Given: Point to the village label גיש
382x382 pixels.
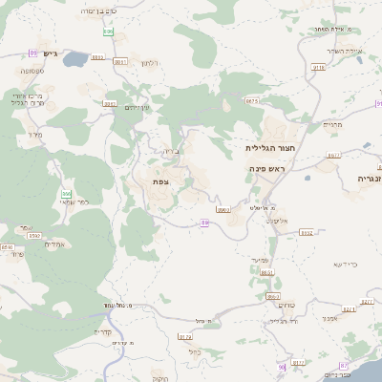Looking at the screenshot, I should (49, 54).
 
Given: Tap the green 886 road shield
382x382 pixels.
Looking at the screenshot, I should (109, 32).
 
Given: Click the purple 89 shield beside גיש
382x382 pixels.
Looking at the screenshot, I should (33, 53).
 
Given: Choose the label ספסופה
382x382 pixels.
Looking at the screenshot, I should (32, 71).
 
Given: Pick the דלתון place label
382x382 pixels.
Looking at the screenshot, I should (150, 63).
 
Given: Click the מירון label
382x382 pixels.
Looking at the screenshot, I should (36, 135).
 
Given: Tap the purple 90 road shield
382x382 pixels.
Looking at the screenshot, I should (282, 367).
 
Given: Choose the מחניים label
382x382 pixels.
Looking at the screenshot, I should (332, 124).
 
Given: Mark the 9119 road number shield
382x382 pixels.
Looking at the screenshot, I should (319, 68).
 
